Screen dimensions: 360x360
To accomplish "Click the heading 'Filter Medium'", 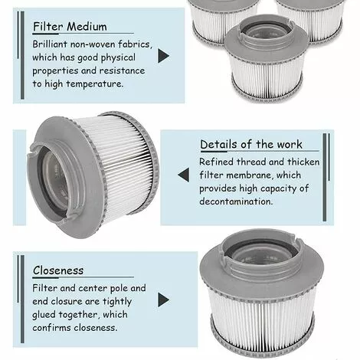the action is [x=70, y=27].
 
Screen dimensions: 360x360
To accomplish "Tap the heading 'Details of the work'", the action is [x=251, y=144].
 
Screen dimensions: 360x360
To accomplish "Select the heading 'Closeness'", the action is [x=58, y=270].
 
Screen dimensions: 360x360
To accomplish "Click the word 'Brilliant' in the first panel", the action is [x=50, y=44].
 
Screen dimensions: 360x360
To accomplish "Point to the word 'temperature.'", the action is [x=95, y=83].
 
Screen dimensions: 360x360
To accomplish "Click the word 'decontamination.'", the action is [x=236, y=201].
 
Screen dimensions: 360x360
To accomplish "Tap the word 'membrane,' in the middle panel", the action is [x=250, y=175].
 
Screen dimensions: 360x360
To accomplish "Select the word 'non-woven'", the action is [x=93, y=44].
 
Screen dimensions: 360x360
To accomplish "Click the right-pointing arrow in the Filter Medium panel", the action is [x=163, y=56].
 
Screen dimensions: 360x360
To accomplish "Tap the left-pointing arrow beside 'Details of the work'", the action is [x=184, y=175].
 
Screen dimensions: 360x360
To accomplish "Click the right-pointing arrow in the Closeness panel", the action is [x=163, y=299].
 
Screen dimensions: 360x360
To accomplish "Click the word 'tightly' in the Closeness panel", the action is [x=117, y=302].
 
